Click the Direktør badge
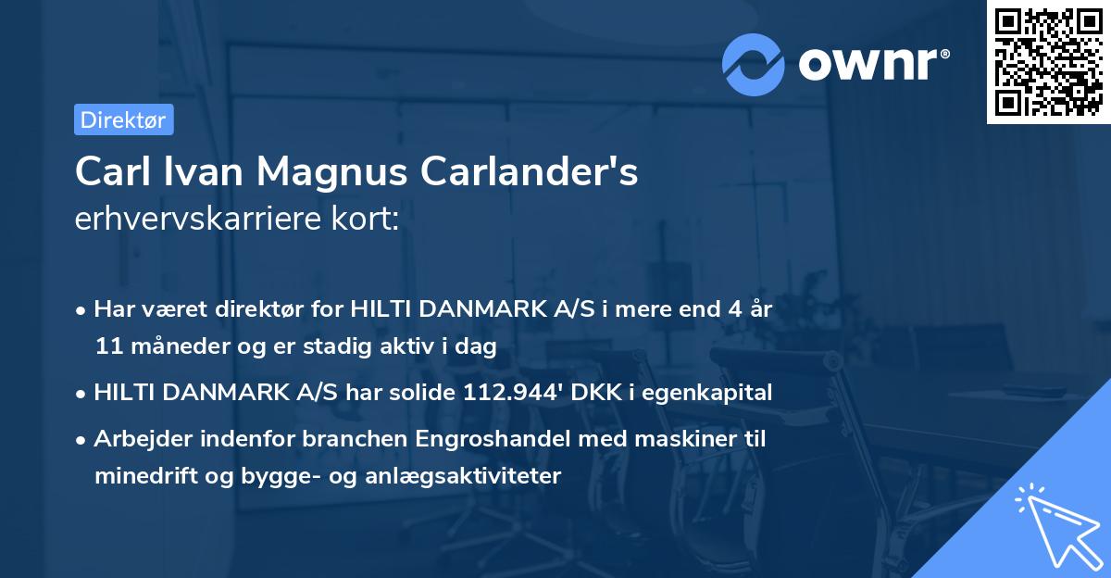(x=123, y=119)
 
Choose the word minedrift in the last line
(x=134, y=476)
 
